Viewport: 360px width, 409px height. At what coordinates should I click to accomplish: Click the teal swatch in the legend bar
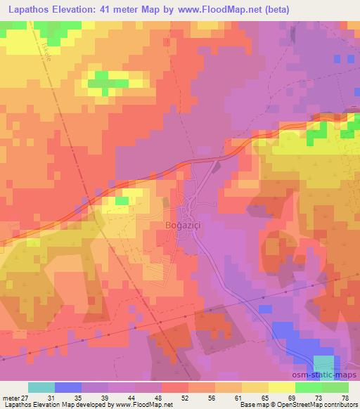point(41,387)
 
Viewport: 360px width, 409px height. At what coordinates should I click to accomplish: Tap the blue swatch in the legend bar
point(68,387)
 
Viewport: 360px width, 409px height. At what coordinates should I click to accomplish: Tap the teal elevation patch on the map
point(323,363)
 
